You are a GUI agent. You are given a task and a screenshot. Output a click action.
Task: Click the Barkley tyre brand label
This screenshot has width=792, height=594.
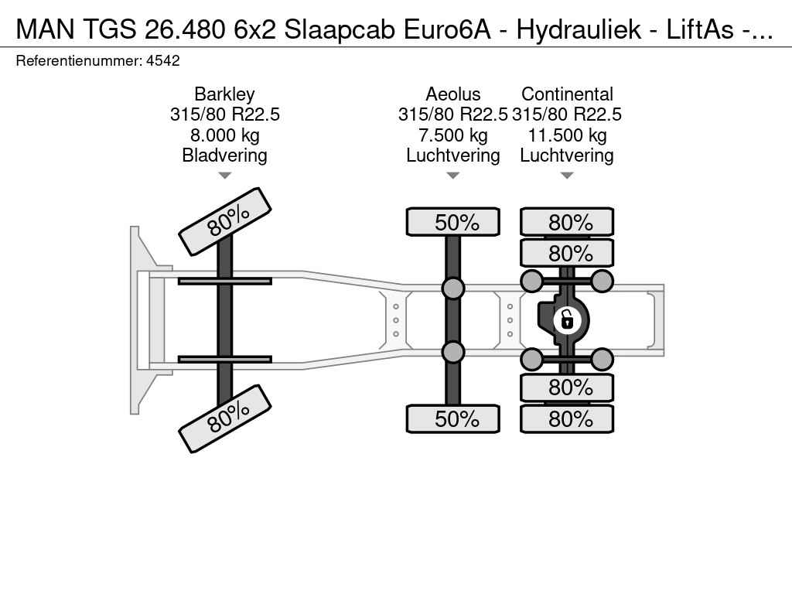(x=224, y=94)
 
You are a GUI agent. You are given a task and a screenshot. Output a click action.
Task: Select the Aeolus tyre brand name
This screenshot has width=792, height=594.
(x=453, y=94)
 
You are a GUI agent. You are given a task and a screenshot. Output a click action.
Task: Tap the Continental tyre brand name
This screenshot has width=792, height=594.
(x=567, y=94)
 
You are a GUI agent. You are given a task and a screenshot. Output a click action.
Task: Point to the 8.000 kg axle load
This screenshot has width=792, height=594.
(x=225, y=135)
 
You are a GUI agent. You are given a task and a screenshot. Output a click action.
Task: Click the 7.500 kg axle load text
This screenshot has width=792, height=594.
(x=453, y=135)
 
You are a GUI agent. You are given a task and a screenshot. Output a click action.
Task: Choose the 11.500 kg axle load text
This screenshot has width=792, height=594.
(x=567, y=135)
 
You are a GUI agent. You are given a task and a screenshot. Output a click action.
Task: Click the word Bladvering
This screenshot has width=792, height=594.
(x=224, y=155)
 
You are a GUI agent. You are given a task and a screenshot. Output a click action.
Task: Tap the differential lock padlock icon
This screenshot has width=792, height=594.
(x=567, y=320)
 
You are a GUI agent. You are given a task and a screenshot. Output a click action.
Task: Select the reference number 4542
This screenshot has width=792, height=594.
(x=162, y=61)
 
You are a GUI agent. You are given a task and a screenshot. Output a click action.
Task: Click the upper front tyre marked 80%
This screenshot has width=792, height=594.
(x=225, y=222)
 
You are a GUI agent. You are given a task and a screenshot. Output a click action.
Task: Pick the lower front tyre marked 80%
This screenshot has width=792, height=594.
(x=225, y=418)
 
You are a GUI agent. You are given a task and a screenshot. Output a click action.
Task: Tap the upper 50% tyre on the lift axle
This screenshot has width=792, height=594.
(x=453, y=222)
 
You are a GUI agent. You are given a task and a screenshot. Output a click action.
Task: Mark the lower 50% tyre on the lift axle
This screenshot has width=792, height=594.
(x=453, y=418)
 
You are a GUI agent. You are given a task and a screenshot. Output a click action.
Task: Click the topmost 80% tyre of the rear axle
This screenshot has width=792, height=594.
(x=567, y=222)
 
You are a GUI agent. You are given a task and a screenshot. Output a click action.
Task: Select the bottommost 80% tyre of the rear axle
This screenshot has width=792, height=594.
(x=567, y=418)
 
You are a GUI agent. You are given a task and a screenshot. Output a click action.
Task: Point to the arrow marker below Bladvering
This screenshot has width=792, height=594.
(x=225, y=176)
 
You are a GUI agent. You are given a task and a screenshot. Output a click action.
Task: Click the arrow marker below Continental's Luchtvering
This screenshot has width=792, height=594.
(x=567, y=176)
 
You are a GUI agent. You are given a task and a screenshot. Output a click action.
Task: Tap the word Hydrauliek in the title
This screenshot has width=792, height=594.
(x=579, y=29)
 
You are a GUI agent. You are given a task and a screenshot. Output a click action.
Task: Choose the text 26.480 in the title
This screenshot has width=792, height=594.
(x=185, y=29)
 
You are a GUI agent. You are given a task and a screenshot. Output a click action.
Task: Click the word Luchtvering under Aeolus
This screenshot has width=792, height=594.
(x=453, y=155)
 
